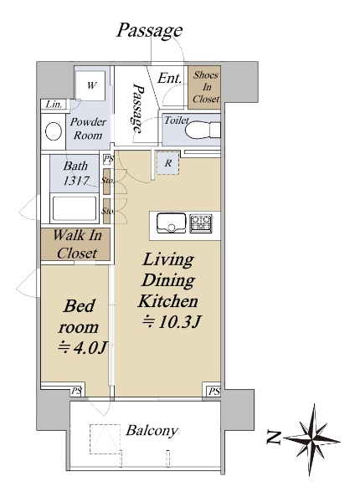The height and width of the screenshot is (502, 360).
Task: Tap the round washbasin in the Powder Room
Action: pos(54,131)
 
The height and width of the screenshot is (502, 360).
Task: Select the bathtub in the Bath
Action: pos(75,208)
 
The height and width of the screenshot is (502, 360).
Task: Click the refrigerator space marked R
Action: pos(167,163)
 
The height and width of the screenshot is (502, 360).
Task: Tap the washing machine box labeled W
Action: pos(92,86)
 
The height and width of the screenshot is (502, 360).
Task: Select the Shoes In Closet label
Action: pos(206,87)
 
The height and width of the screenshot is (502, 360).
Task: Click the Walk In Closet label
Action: pos(77,244)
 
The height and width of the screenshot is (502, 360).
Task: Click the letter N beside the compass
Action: pos(273,438)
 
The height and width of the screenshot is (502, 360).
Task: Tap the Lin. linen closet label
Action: pos(54,105)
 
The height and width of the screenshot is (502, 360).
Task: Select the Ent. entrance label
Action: pos(169,78)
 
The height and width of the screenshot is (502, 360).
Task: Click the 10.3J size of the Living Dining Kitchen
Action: pos(171,322)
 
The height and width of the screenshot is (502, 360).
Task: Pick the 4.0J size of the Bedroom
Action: pos(82,348)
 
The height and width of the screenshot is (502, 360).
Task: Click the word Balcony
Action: pos(152,431)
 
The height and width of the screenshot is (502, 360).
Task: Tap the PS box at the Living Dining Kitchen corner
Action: pos(213,391)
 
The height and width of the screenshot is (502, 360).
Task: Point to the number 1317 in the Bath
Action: pos(76,182)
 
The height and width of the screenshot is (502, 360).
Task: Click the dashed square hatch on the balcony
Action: pos(105,439)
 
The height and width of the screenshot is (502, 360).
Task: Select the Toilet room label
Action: pos(177,120)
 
